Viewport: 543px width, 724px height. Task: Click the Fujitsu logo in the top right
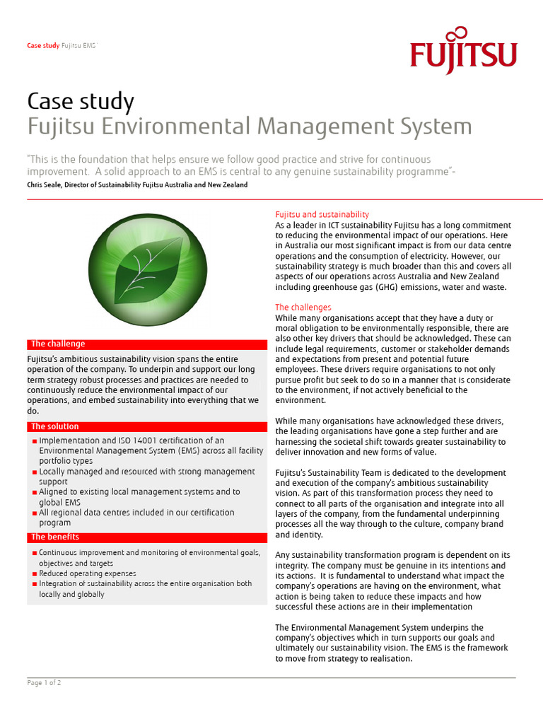click(x=463, y=51)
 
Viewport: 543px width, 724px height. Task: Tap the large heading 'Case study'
click(x=80, y=101)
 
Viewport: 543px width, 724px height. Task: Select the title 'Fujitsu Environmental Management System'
click(x=249, y=127)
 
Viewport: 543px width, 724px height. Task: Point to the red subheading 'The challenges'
click(x=303, y=308)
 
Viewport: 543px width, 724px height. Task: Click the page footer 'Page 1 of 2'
click(x=44, y=683)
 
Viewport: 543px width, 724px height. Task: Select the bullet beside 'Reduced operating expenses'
click(x=34, y=574)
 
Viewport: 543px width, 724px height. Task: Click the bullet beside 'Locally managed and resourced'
click(x=34, y=472)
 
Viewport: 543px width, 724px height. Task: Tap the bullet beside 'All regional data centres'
click(x=34, y=513)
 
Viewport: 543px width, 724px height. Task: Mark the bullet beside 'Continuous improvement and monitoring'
click(x=34, y=554)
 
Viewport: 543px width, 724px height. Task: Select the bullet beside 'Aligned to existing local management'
click(x=34, y=493)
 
